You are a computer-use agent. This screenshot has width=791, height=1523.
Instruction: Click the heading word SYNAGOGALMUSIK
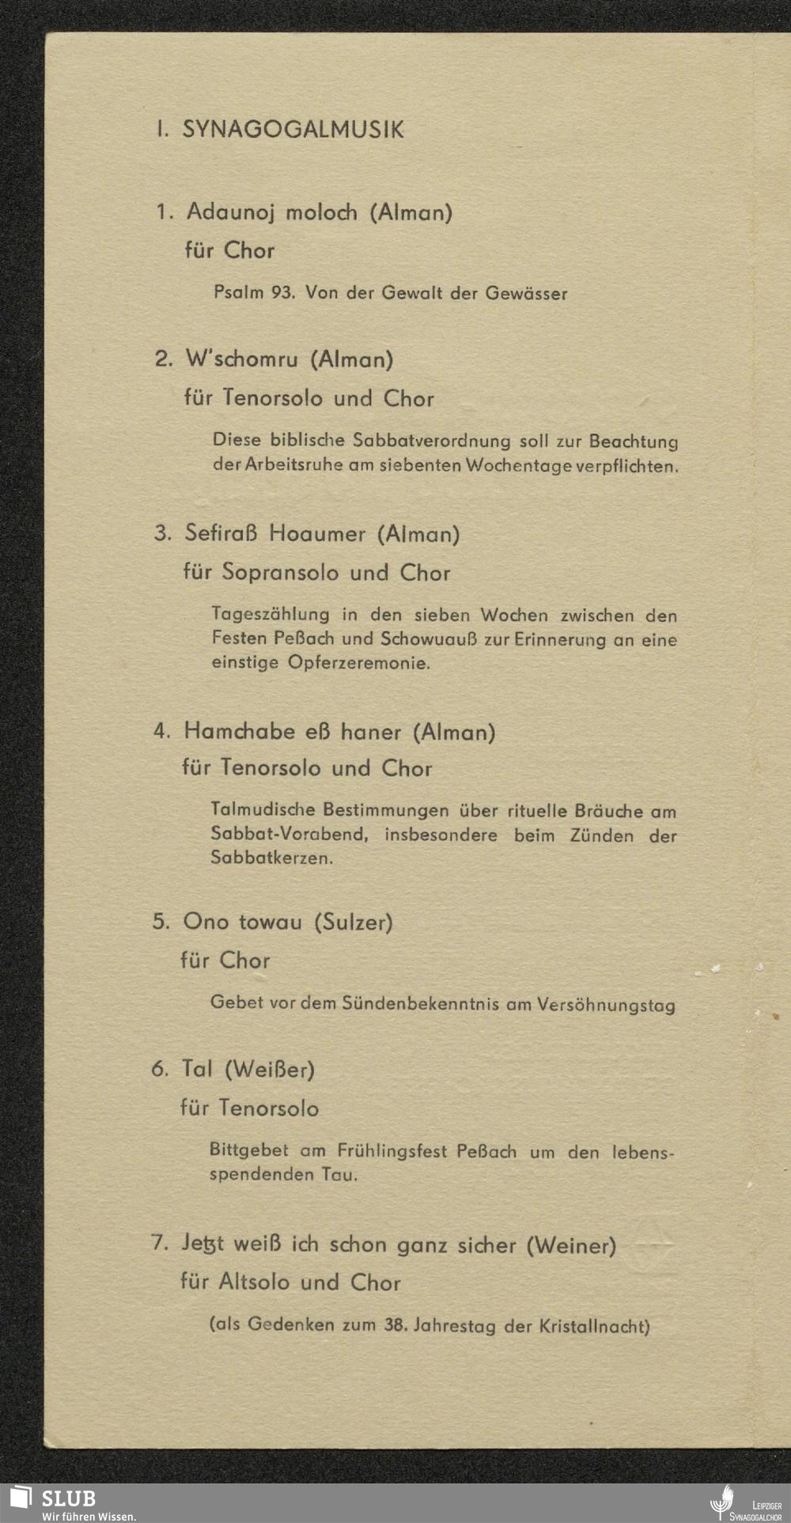pyautogui.click(x=293, y=130)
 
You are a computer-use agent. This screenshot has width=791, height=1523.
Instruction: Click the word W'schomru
pyautogui.click(x=241, y=360)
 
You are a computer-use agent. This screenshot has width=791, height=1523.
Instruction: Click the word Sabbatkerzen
pyautogui.click(x=271, y=858)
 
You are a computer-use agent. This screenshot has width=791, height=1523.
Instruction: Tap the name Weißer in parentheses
pyautogui.click(x=270, y=1070)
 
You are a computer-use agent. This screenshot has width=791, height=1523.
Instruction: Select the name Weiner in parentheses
pyautogui.click(x=571, y=1246)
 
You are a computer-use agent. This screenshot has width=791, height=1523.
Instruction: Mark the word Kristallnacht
pyautogui.click(x=594, y=1327)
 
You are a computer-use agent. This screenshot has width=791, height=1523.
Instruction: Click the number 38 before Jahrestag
pyautogui.click(x=395, y=1326)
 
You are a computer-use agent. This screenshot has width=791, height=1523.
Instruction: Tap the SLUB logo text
pyautogui.click(x=68, y=1498)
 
